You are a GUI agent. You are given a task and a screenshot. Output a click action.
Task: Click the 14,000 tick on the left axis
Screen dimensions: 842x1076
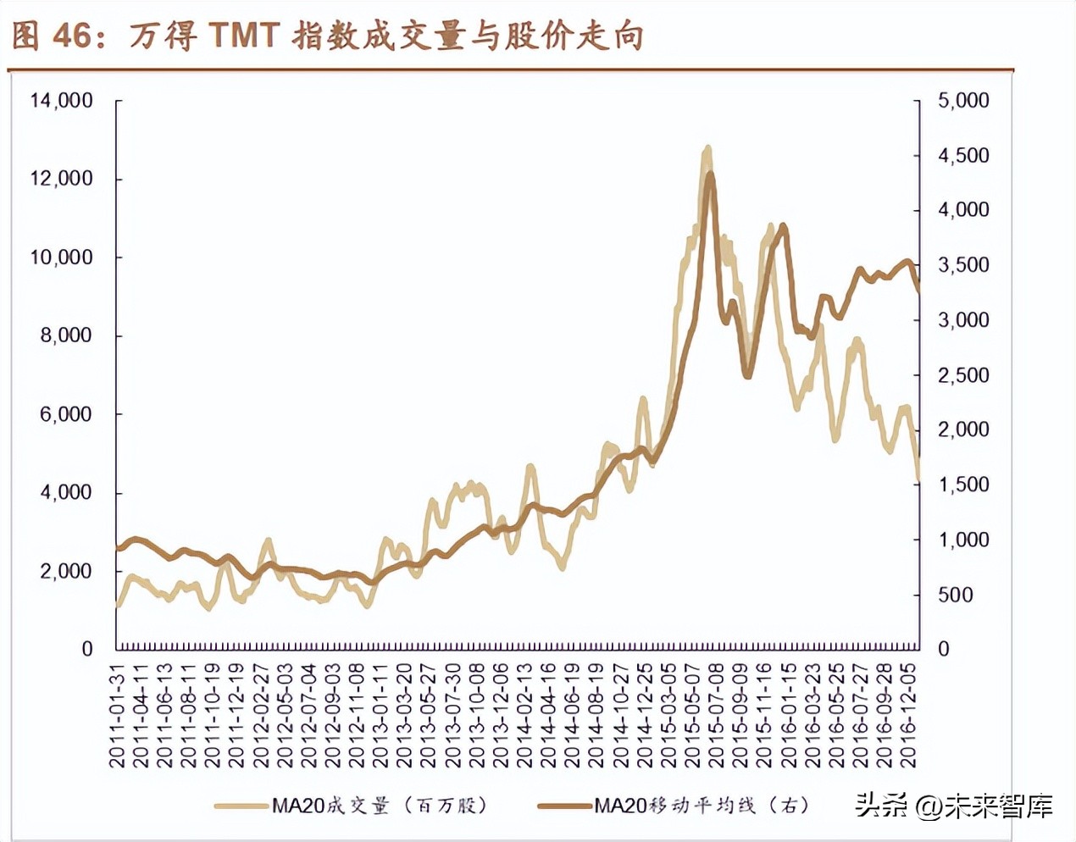click(x=61, y=101)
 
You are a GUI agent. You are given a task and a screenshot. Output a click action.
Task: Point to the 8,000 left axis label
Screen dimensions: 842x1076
click(x=65, y=335)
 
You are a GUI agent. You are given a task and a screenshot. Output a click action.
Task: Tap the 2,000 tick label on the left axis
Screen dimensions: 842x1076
click(x=65, y=571)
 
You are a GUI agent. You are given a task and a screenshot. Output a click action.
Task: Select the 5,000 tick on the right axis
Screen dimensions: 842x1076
click(x=963, y=101)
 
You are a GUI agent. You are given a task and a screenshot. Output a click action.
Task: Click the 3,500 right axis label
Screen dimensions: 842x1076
click(x=963, y=265)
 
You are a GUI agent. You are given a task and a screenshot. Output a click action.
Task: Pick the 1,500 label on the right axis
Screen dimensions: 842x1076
click(x=963, y=485)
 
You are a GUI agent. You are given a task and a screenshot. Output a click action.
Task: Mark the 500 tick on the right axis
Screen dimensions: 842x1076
click(x=955, y=595)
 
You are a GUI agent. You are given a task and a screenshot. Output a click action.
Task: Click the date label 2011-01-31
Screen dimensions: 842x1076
click(x=118, y=716)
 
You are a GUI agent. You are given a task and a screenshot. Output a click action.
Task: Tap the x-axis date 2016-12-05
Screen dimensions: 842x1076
click(x=909, y=716)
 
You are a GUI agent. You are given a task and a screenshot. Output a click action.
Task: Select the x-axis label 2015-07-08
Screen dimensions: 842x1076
click(x=717, y=716)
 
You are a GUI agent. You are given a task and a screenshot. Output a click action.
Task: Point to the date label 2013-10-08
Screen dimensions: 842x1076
click(x=477, y=716)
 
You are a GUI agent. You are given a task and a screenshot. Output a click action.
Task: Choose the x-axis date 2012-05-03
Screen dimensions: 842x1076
click(x=286, y=716)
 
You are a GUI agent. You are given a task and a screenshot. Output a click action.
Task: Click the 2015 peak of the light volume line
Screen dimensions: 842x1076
click(x=707, y=149)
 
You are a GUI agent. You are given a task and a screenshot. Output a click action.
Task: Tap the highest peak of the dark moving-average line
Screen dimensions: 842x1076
click(x=711, y=174)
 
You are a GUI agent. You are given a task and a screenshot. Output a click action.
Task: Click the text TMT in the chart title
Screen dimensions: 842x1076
click(x=243, y=36)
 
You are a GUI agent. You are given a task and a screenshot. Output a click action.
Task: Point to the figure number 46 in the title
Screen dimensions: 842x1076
click(x=71, y=36)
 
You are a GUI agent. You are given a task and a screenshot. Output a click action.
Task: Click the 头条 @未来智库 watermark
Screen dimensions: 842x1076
click(x=953, y=805)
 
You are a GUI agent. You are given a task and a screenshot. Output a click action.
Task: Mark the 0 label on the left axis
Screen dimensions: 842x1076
click(x=86, y=649)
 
